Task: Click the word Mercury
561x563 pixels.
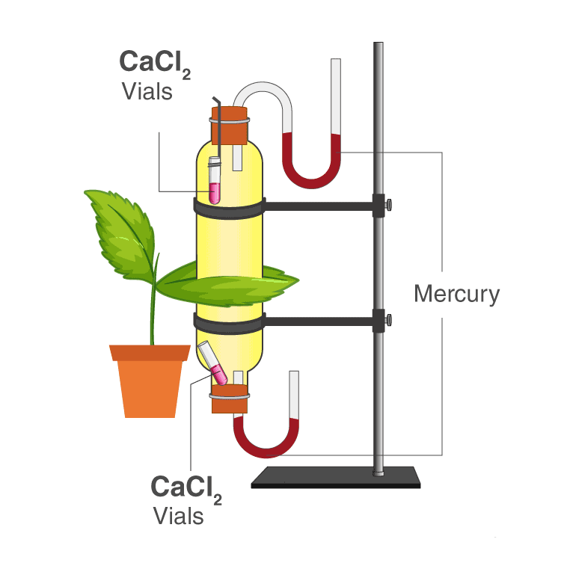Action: click(x=456, y=293)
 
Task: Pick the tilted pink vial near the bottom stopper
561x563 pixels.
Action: click(x=216, y=366)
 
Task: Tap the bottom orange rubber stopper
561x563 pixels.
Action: click(x=229, y=399)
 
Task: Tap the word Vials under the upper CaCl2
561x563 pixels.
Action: click(x=147, y=92)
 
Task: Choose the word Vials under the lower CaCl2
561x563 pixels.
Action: click(x=178, y=515)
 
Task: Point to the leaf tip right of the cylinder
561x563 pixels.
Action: click(x=288, y=281)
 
